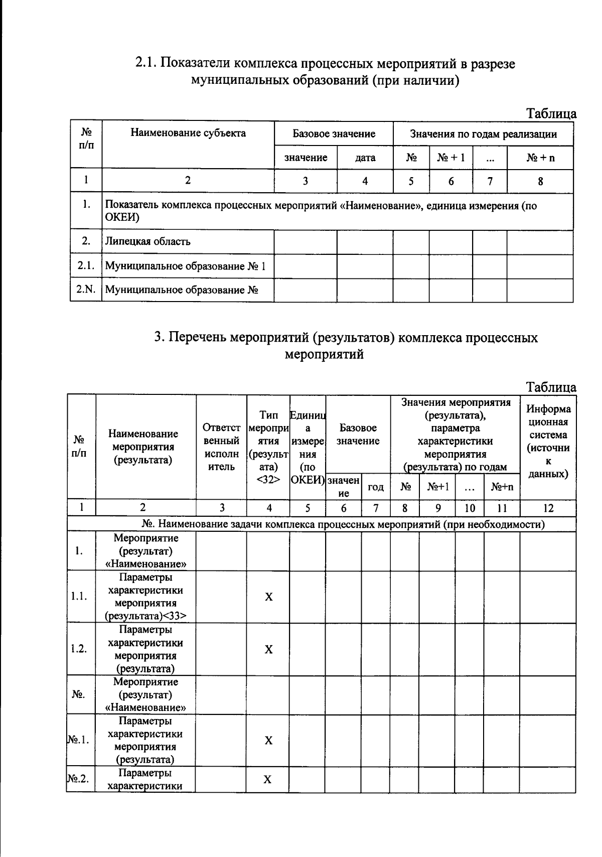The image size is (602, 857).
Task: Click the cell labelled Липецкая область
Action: click(x=147, y=241)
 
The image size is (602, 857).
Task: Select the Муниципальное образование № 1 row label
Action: click(x=185, y=266)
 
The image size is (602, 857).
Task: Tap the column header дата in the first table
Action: click(x=365, y=158)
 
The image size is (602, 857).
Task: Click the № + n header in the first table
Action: click(x=540, y=158)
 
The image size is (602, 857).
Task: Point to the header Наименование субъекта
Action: click(x=188, y=133)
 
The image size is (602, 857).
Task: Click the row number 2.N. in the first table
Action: click(x=86, y=290)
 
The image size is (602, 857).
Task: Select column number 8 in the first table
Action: click(x=540, y=182)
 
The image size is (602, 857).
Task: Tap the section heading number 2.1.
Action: click(x=146, y=64)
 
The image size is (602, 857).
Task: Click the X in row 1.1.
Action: click(x=268, y=597)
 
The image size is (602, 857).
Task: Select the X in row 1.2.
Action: click(x=268, y=649)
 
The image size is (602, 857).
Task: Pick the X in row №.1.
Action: click(x=268, y=741)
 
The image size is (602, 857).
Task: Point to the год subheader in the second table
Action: click(x=376, y=487)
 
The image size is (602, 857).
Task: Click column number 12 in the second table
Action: click(x=548, y=508)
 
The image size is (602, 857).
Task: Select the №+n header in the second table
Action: click(x=502, y=487)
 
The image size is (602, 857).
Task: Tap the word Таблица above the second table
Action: click(x=551, y=387)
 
